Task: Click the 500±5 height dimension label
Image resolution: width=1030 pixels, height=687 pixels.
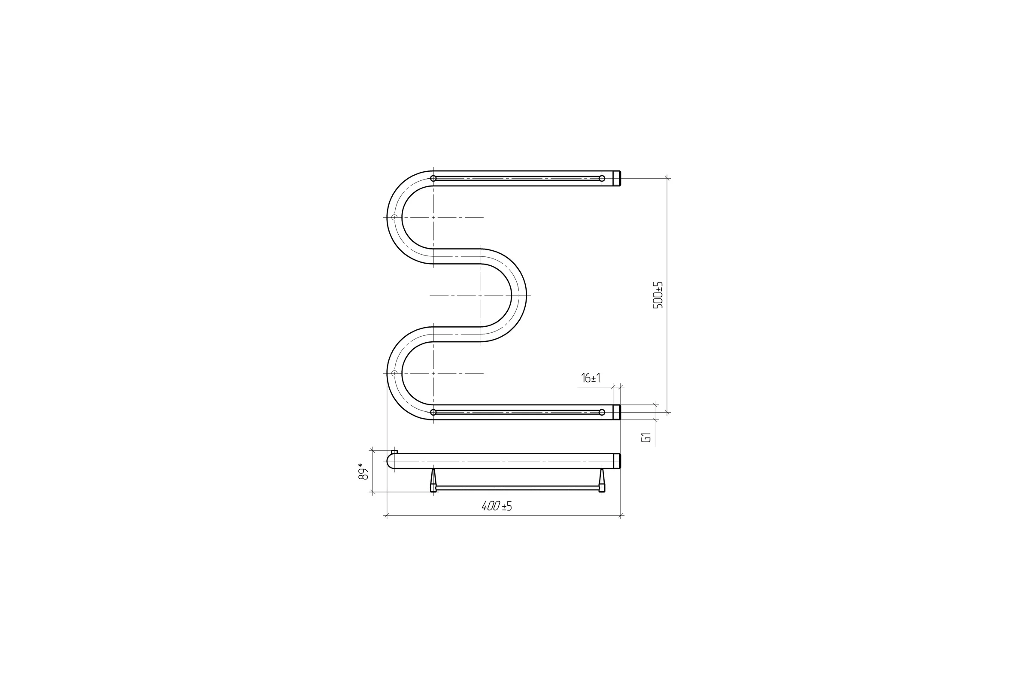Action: coord(658,295)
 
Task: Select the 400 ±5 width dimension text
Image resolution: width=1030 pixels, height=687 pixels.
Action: coord(497,506)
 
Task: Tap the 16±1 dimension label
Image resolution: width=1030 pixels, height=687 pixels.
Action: coord(591,378)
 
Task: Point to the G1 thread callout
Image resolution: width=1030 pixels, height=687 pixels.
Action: coord(646,437)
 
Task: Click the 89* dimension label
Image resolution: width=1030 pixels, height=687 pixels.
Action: coord(363,471)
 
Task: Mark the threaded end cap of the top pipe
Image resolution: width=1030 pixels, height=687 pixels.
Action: coord(617,178)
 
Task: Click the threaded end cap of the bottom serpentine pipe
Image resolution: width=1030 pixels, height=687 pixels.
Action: coord(617,412)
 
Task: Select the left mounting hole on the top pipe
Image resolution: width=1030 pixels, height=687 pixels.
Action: coord(433,178)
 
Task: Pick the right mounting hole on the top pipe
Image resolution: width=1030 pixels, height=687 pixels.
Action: coord(602,178)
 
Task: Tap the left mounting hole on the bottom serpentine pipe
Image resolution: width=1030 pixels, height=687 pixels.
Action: coord(433,412)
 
